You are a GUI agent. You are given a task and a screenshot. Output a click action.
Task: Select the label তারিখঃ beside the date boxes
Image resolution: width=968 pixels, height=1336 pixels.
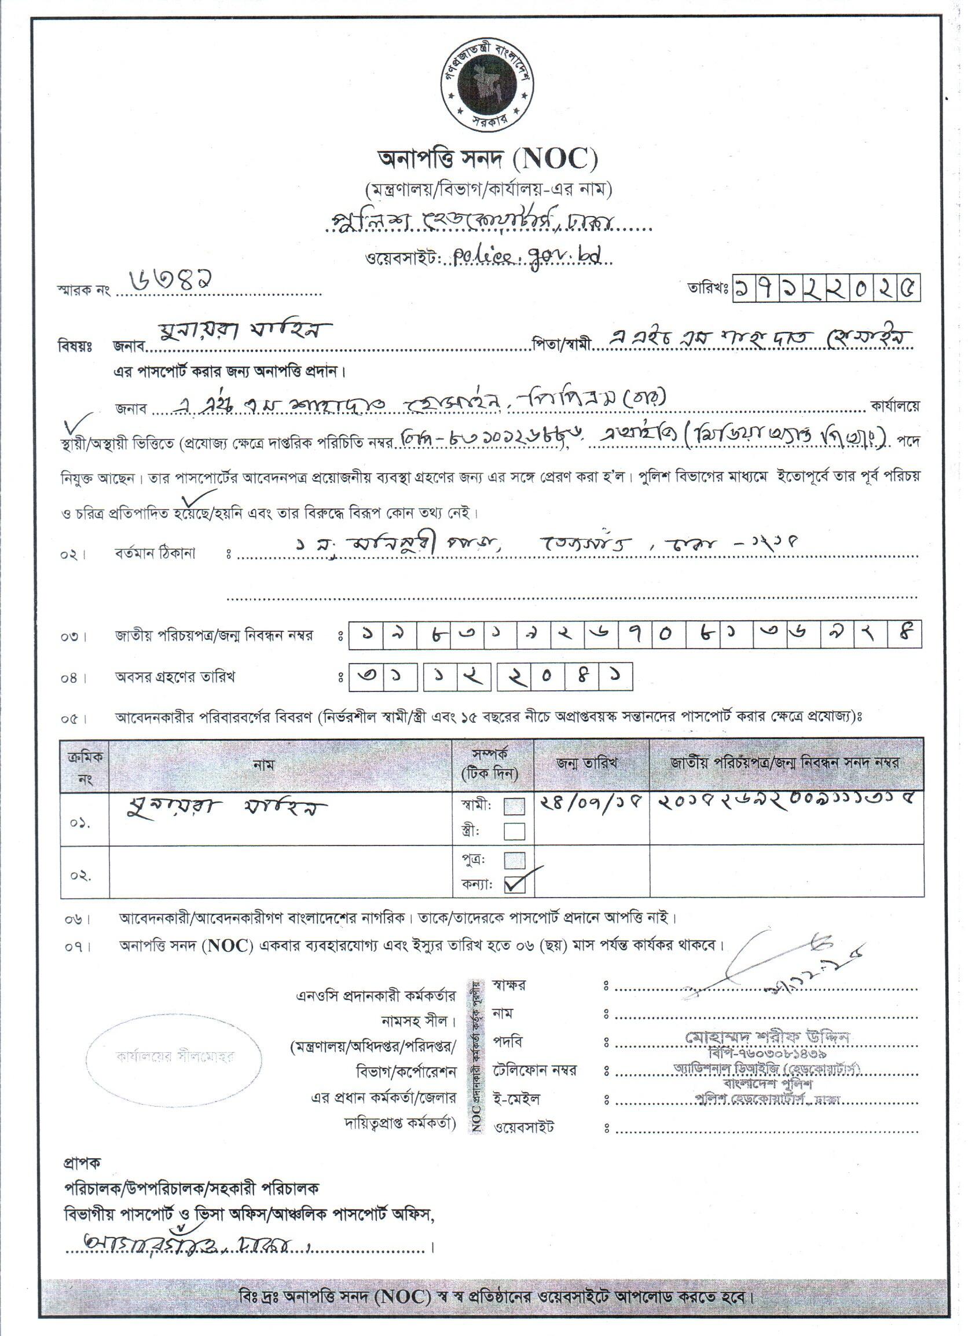pos(707,288)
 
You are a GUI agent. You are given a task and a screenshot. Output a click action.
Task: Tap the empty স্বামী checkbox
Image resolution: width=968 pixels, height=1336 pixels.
pos(515,806)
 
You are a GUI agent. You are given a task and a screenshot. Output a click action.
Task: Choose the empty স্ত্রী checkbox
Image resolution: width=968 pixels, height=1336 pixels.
pos(515,831)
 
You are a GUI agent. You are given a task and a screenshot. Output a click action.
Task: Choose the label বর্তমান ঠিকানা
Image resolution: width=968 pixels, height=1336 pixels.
pos(155,554)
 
